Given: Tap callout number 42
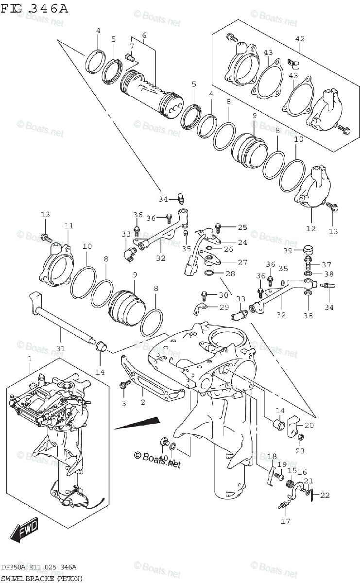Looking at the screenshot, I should click(x=300, y=39).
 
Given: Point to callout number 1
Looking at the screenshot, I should click(x=29, y=359).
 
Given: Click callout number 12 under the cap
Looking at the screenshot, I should click(x=311, y=228).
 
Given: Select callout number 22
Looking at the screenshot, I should click(x=325, y=495).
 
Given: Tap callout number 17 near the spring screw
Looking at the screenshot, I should click(x=285, y=521).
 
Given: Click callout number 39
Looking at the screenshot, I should click(x=287, y=250).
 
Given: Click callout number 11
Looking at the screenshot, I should click(x=69, y=226).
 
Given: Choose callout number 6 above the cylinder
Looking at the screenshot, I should click(x=144, y=35).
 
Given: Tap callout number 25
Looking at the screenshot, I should click(x=242, y=227).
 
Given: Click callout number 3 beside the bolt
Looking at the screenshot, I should click(x=123, y=403).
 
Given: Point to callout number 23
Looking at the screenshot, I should click(x=300, y=450).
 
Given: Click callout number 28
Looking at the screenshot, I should click(x=230, y=274).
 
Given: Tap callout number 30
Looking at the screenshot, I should click(x=223, y=295).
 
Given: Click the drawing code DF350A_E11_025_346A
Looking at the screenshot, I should click(x=38, y=568).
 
